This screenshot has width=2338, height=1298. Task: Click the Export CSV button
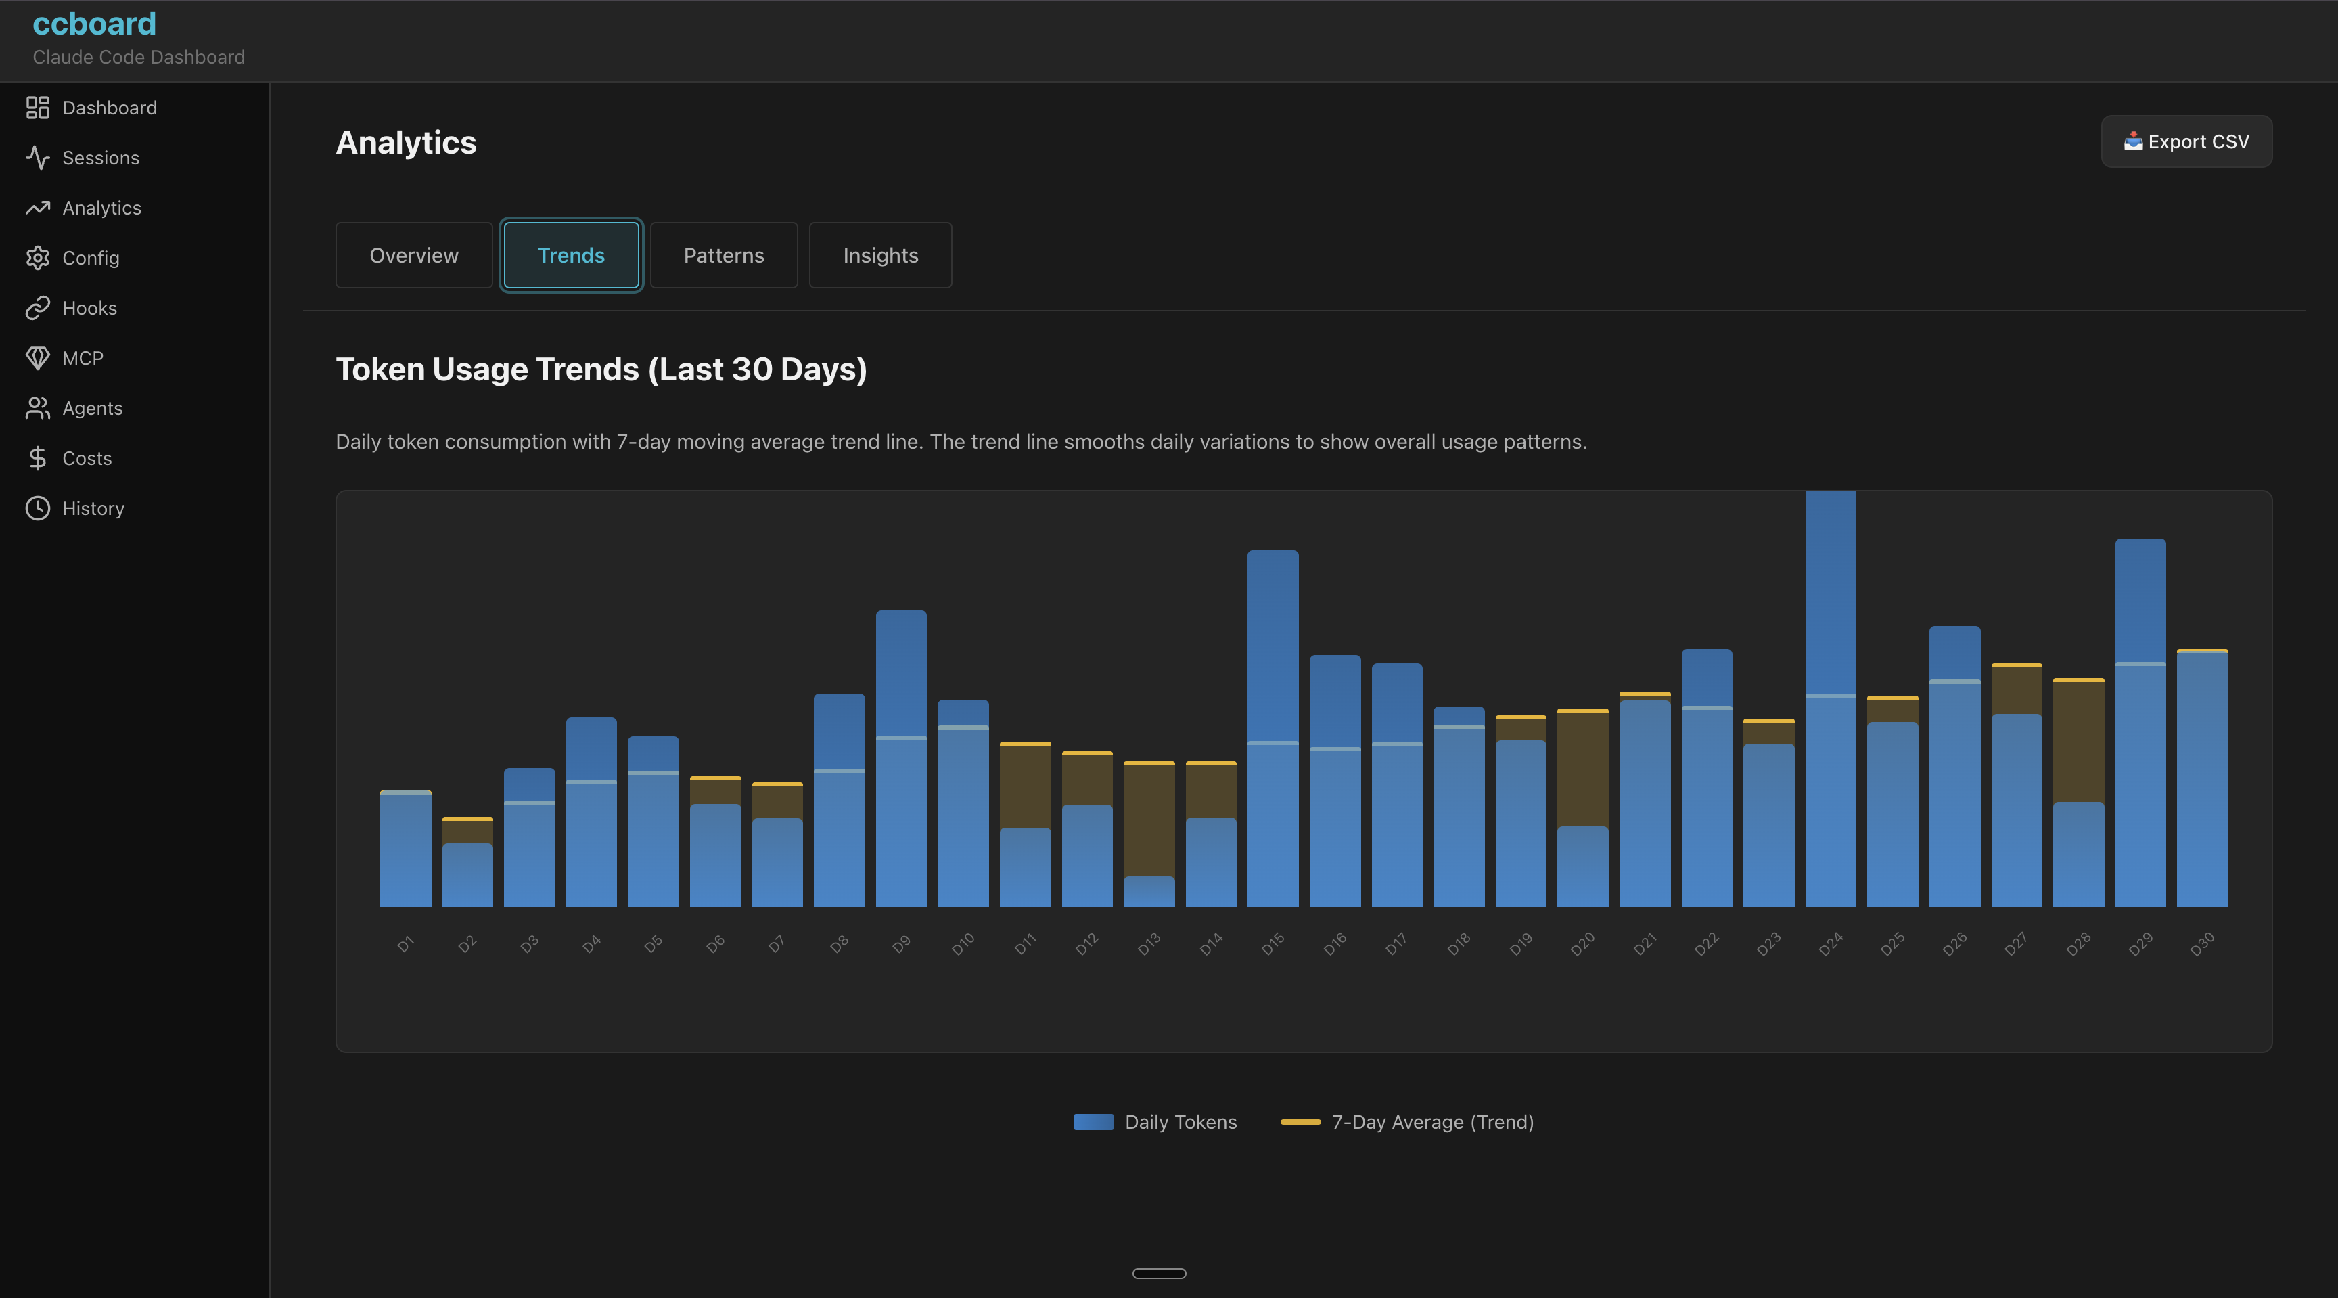(2186, 141)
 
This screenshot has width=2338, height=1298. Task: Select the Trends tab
(571, 255)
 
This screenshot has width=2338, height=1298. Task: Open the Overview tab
(414, 255)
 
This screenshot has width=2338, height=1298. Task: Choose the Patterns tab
(723, 255)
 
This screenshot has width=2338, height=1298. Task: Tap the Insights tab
(879, 255)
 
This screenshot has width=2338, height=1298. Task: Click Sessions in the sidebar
(100, 158)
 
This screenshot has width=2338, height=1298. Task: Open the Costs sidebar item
(86, 458)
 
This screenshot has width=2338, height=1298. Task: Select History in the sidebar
(93, 508)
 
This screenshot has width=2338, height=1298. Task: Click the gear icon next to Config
(37, 258)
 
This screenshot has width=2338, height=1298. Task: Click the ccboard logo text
(95, 24)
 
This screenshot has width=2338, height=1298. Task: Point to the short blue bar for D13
(1148, 891)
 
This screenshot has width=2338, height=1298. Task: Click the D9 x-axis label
(900, 944)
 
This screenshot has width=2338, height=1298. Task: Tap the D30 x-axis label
(2202, 944)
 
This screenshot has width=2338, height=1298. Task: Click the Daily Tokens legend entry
(1155, 1122)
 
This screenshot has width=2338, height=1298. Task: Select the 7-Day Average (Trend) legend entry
(1407, 1122)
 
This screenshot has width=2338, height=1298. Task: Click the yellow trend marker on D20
(1582, 711)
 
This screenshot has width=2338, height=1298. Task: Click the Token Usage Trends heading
(601, 370)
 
